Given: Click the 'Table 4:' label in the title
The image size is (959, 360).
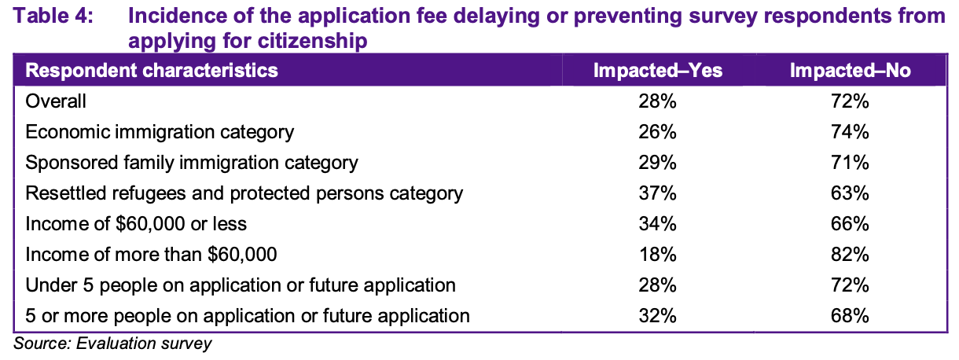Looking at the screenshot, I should coord(51,16).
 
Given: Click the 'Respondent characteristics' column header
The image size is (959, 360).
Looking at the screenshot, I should coord(152,71).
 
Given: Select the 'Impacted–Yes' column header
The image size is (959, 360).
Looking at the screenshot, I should coord(657,71).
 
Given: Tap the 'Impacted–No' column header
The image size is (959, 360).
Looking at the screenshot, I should coord(851,71).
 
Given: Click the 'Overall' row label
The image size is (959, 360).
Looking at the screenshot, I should coord(56,101).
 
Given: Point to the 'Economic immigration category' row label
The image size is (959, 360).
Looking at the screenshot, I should coord(160,131).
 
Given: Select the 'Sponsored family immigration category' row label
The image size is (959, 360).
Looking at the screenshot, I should coord(192,163).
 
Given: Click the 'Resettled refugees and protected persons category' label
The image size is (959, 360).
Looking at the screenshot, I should coord(244,193).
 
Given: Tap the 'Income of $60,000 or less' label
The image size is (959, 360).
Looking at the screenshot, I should coord(136,224).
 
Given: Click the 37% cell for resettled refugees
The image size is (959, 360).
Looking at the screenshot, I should coord(657,193).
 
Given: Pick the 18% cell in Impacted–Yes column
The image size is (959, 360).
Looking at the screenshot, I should coord(657,255).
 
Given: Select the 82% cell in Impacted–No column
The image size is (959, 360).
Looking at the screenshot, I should coord(851,255).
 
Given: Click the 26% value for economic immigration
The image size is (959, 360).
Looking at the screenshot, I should coord(657,131).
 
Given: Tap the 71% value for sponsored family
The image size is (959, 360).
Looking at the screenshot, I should coord(851,163).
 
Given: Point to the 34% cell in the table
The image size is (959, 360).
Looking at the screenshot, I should coord(657,224).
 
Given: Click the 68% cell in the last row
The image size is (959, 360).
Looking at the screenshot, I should coord(851,316).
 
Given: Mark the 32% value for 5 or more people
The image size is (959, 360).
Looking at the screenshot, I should coord(657,316).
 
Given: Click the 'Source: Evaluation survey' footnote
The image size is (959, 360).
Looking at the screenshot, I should coord(113,343).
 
